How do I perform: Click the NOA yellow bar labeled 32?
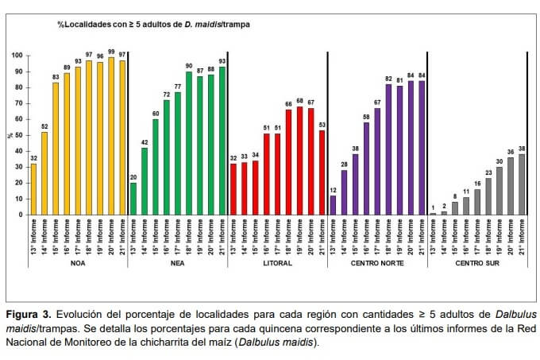click(x=33, y=189)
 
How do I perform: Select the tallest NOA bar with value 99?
click(x=111, y=136)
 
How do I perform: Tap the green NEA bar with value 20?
click(x=133, y=199)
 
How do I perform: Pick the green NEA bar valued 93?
click(x=222, y=141)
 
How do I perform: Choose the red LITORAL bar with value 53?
click(x=322, y=172)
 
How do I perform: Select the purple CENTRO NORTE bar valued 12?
click(x=333, y=205)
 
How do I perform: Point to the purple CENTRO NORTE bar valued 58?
click(x=366, y=168)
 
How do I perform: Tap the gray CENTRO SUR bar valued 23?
click(x=488, y=196)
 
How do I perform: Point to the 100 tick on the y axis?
click(x=17, y=56)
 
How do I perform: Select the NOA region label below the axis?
click(x=78, y=263)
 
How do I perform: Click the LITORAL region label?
click(x=278, y=263)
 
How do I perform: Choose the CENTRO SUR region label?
click(x=477, y=263)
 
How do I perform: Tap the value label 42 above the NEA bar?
click(x=145, y=142)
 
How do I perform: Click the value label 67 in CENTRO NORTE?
click(x=378, y=103)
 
